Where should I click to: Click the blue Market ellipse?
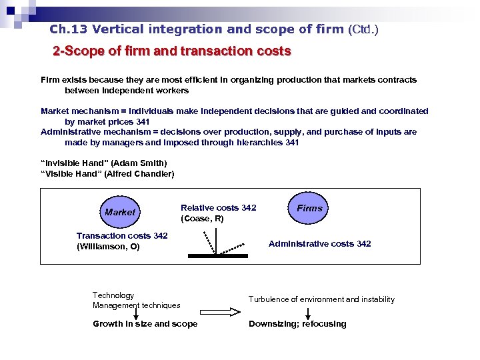[x=120, y=212]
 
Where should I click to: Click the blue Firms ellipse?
[x=309, y=208]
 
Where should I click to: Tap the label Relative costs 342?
[x=218, y=208]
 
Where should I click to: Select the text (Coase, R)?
[x=202, y=219]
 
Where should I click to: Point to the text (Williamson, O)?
[x=108, y=247]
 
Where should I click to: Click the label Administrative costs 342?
[x=319, y=244]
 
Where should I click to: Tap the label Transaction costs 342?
[x=122, y=236]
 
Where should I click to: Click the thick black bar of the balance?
[x=217, y=255]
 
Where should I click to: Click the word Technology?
[x=113, y=295]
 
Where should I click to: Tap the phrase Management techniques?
[x=137, y=305]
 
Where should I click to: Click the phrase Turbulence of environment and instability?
[x=321, y=299]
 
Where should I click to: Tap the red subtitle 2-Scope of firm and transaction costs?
[x=172, y=51]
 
